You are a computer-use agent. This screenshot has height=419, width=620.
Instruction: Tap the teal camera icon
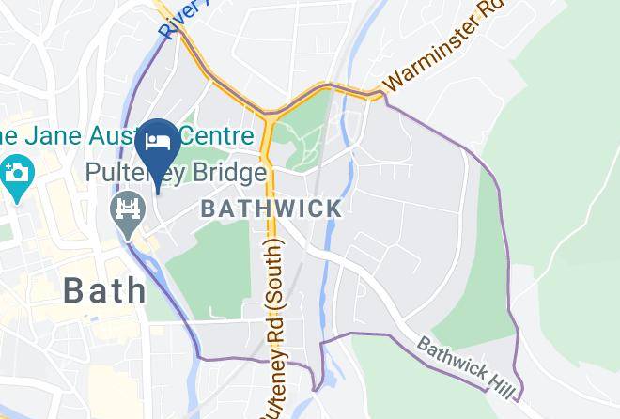(x=16, y=173)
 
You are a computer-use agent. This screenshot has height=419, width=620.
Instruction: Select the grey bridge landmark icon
(x=125, y=207)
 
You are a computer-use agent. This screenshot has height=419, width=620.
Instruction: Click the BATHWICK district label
(x=271, y=209)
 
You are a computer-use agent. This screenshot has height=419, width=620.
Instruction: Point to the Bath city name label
(x=105, y=289)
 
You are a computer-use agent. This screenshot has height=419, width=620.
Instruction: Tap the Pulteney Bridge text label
(x=175, y=175)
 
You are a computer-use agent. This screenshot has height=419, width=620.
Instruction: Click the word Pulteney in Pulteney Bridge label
(x=130, y=175)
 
